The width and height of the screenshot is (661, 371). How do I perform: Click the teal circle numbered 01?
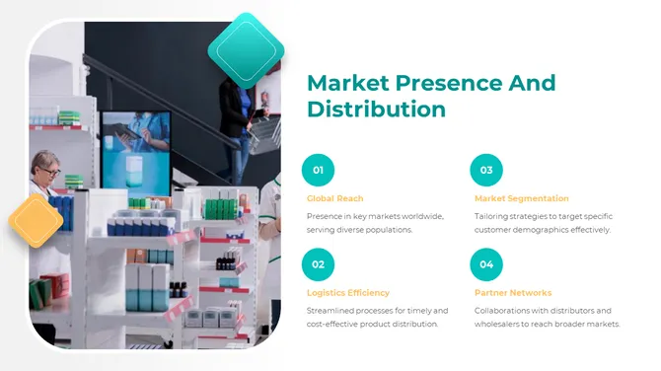coord(318,171)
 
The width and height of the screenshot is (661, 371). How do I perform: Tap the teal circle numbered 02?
coord(318,264)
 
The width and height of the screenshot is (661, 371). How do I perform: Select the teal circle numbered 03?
coord(486,171)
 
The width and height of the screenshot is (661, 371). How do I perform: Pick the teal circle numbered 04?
coord(486,264)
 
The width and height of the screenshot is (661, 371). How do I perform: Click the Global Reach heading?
coord(334,198)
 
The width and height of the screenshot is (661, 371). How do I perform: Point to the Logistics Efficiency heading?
coord(348,292)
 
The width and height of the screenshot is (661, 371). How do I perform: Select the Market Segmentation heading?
coord(521,198)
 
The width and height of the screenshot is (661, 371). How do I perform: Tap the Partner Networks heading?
coord(513,292)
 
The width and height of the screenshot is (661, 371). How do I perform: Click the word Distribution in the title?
coord(376,109)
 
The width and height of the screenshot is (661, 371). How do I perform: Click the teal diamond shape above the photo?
coord(246,46)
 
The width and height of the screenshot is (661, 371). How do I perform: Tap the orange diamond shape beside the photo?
coord(37,220)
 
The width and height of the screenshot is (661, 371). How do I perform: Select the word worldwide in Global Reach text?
coord(422,215)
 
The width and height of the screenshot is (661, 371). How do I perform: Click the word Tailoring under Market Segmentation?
coord(494,215)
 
